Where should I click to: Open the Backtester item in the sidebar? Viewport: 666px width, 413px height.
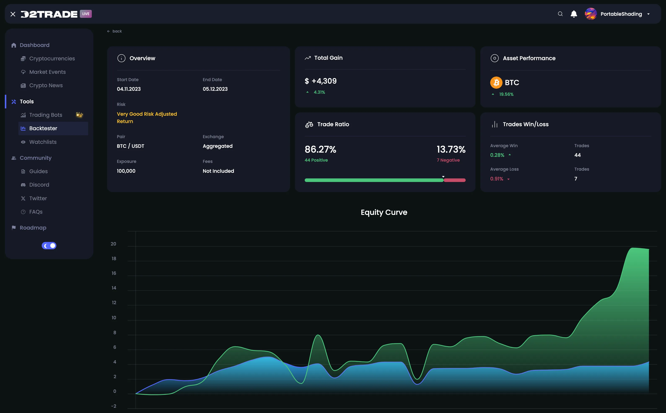click(43, 128)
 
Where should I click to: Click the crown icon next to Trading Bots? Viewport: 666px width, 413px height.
click(79, 115)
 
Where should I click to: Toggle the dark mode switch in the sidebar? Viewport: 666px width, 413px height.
click(49, 245)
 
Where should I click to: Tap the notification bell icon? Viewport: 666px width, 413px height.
click(574, 14)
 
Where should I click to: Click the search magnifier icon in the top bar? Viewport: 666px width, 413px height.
click(560, 14)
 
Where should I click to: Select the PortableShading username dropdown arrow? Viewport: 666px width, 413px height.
click(648, 14)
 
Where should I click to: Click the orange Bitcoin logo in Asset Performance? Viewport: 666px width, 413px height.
click(496, 82)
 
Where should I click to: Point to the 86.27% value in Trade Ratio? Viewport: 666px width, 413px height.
click(320, 149)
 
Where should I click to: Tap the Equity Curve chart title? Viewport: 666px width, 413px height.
click(384, 212)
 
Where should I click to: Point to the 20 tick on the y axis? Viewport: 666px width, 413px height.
click(113, 244)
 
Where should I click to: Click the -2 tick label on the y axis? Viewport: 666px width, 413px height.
click(114, 406)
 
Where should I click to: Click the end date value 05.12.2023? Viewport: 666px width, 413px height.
click(215, 89)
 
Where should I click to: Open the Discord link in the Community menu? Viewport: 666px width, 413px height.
click(39, 185)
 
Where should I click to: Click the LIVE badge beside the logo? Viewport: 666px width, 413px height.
click(86, 14)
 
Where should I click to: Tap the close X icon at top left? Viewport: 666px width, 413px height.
click(13, 14)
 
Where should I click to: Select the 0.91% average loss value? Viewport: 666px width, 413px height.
click(496, 179)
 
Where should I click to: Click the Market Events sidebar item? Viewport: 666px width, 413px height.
click(47, 72)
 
